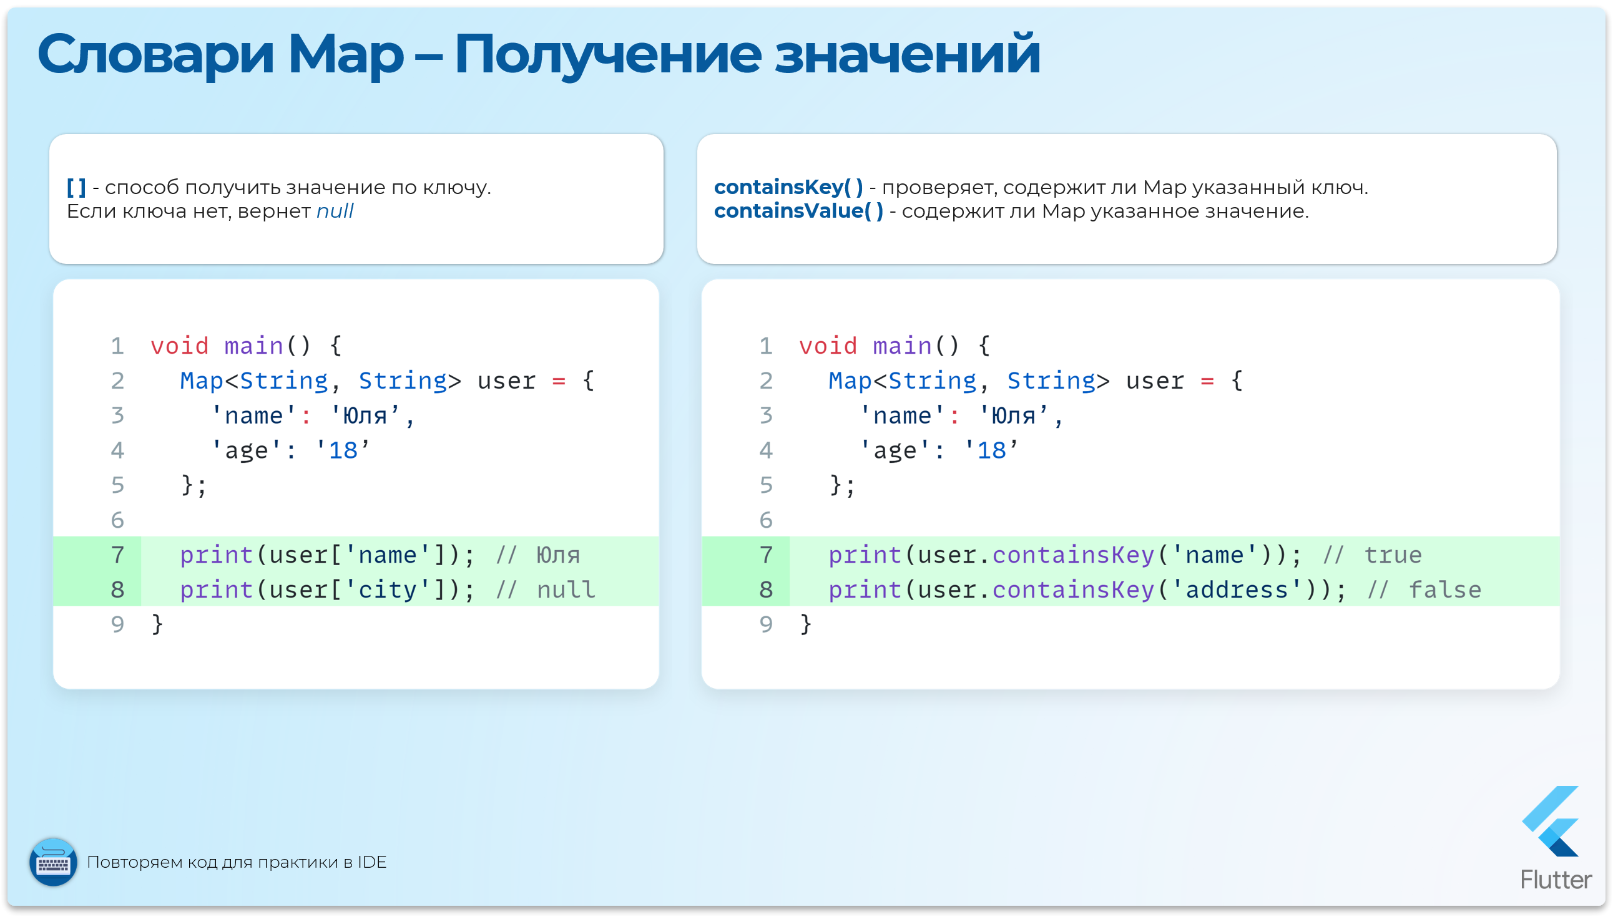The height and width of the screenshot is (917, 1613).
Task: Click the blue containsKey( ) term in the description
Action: (x=788, y=187)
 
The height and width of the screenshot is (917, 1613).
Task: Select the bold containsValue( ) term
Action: (x=798, y=211)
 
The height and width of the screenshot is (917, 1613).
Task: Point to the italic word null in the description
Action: (x=335, y=211)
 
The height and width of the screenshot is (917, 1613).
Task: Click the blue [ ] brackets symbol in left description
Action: (x=76, y=187)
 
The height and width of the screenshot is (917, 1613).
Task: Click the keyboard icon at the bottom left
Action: (x=54, y=862)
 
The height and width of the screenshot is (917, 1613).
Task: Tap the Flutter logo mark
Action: (x=1552, y=822)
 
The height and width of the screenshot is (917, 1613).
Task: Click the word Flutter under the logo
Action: (x=1556, y=880)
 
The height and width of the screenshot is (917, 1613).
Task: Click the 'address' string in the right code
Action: (x=1236, y=590)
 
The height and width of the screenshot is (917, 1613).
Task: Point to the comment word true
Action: (x=1393, y=555)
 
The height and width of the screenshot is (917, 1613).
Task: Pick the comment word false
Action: (x=1444, y=590)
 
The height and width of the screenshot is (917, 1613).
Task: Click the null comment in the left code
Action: (x=566, y=590)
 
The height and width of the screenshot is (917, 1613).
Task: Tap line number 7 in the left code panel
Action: (x=118, y=555)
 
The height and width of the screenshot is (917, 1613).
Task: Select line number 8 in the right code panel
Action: (x=765, y=590)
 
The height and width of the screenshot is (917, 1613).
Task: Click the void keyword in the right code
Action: (x=828, y=346)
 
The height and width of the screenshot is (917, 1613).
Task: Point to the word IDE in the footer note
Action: (x=372, y=862)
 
